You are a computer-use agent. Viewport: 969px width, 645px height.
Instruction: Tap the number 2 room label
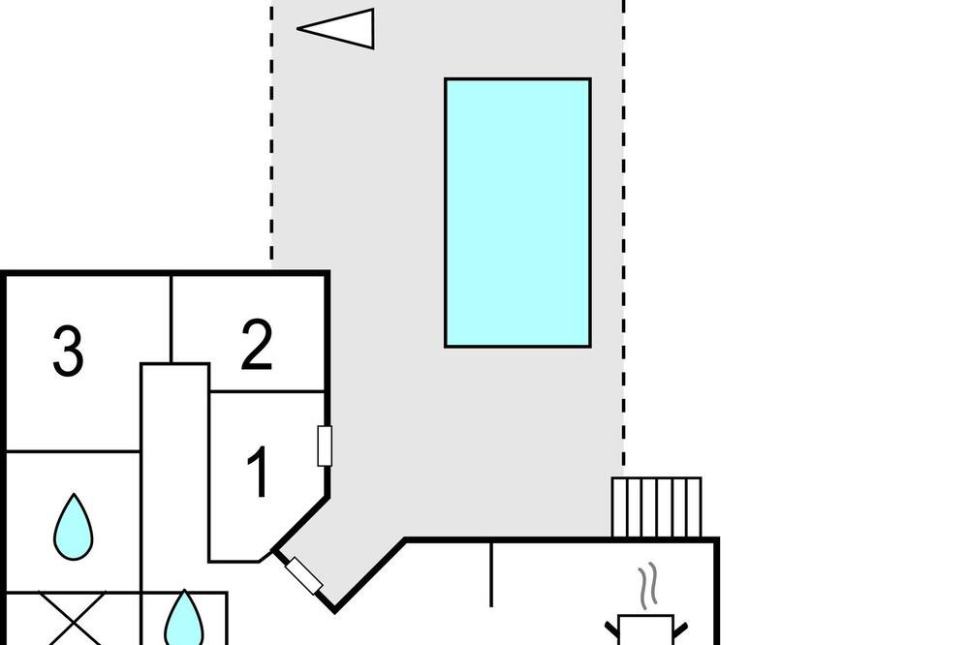click(257, 344)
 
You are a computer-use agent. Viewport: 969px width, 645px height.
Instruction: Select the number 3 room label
click(68, 351)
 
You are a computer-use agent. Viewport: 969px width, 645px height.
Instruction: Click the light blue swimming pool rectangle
click(517, 212)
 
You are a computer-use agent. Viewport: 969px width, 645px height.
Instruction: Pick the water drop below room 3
click(74, 527)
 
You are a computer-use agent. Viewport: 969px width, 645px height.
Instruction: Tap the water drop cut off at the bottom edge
click(184, 618)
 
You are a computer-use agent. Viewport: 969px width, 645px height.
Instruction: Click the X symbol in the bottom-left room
click(73, 619)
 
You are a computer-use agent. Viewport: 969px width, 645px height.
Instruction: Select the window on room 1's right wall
click(325, 445)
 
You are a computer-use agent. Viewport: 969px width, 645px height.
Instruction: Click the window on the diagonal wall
click(303, 575)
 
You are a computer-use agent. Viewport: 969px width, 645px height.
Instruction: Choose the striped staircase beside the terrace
click(656, 507)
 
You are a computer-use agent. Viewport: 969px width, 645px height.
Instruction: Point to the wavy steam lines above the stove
click(647, 585)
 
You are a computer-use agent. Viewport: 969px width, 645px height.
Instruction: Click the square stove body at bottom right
click(645, 630)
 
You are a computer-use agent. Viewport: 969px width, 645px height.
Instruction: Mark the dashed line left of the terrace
click(271, 133)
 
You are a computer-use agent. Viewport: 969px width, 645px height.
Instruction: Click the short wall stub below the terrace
click(491, 573)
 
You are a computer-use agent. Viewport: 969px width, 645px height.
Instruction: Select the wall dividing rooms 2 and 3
click(171, 319)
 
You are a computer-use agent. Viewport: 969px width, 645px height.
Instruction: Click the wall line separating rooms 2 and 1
click(267, 391)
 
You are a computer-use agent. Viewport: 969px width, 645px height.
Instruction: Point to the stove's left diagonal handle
click(611, 630)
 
